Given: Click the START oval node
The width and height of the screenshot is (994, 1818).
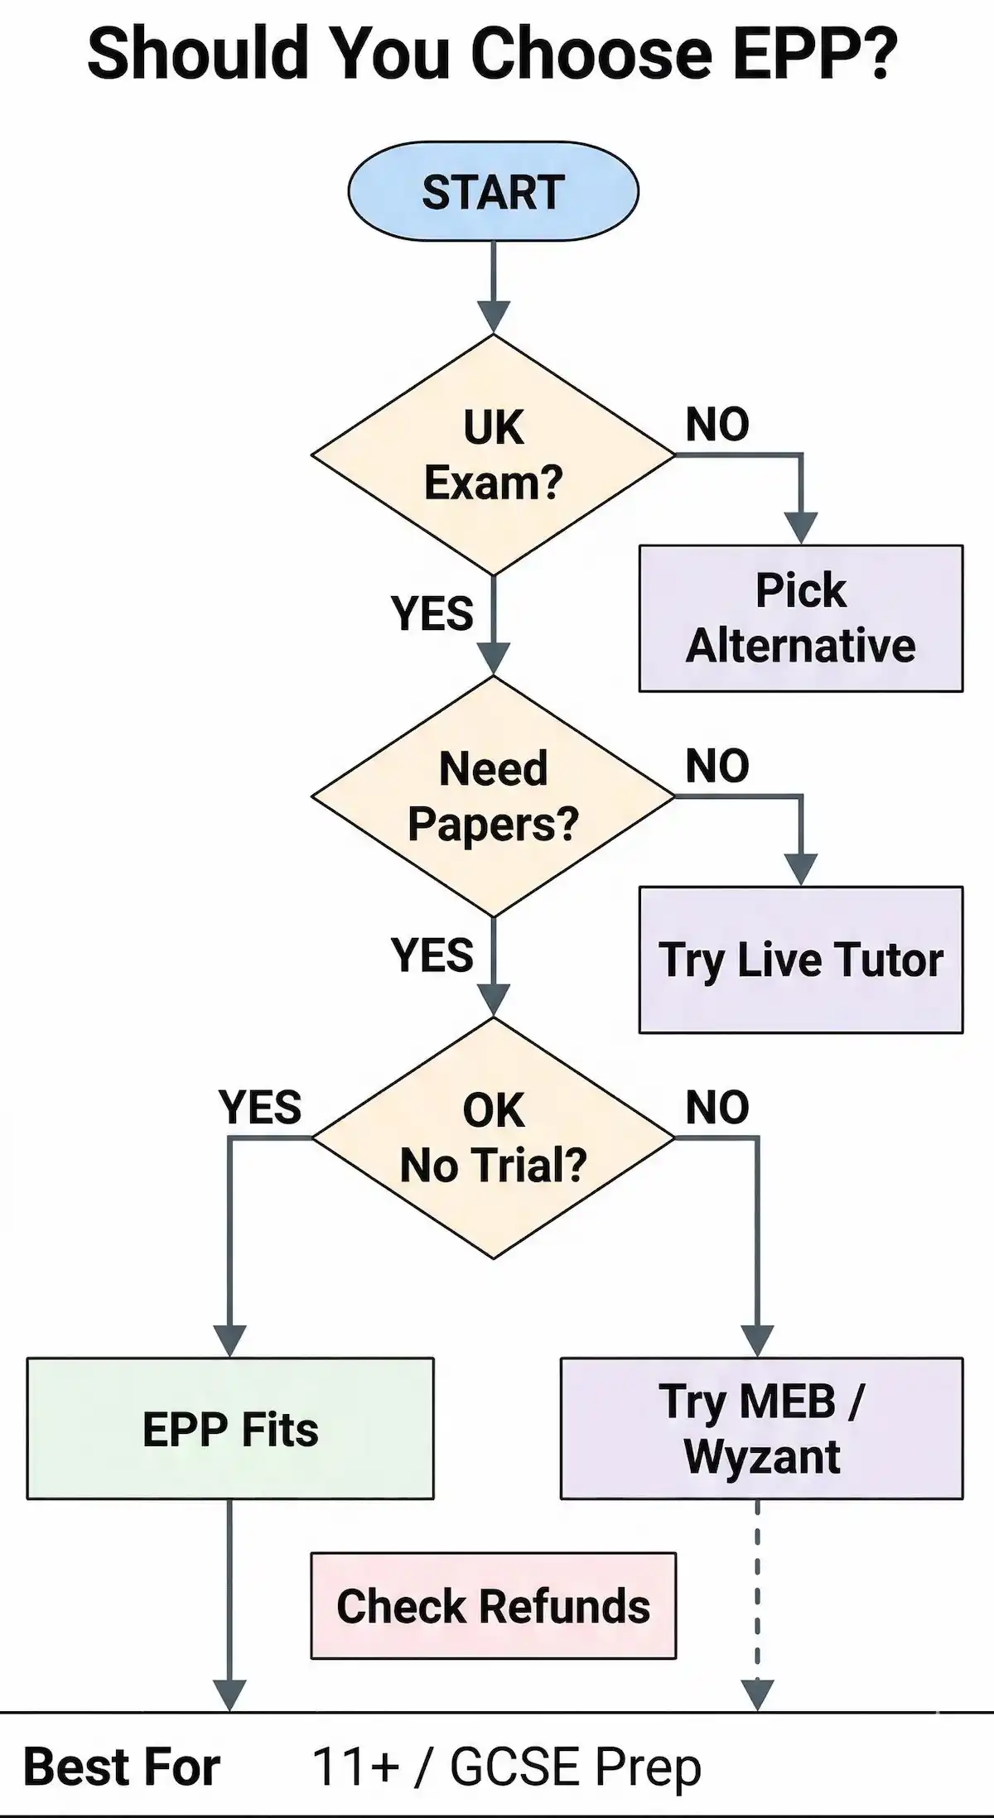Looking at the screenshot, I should tap(493, 192).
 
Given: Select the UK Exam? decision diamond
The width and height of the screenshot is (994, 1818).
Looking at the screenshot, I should tap(493, 454).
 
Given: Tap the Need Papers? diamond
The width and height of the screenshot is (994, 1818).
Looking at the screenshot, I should tap(493, 796).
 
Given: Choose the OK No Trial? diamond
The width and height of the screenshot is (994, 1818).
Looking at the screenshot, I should tap(493, 1137).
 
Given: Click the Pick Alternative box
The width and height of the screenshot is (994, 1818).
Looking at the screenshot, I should tap(800, 618).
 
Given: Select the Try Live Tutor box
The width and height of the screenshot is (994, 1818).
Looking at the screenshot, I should tap(800, 959).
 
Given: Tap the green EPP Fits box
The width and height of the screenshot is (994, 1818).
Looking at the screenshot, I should tap(230, 1428).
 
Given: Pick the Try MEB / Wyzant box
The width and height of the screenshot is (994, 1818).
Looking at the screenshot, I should tap(761, 1428).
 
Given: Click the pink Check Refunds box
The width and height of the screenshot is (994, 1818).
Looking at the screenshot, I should tap(493, 1605).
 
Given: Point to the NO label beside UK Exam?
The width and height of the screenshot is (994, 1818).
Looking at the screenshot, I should tap(717, 425).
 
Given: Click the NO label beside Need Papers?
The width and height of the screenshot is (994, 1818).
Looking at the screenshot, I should tap(717, 766).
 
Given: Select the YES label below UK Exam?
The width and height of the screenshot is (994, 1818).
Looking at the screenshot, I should tap(432, 613).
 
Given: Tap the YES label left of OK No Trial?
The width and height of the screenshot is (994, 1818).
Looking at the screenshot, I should tap(260, 1107).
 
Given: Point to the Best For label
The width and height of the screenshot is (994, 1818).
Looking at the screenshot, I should tap(122, 1767).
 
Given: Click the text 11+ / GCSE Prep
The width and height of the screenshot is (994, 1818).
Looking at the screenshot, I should tap(506, 1767).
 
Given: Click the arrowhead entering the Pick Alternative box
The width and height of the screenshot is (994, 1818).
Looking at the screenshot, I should tap(801, 527).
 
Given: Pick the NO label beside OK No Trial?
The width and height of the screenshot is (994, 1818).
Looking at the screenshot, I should tap(717, 1107).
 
